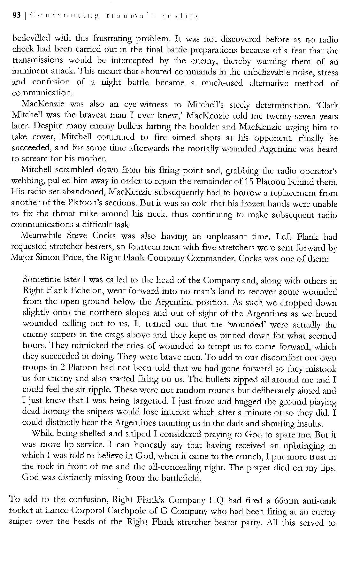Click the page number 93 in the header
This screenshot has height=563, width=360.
pyautogui.click(x=16, y=15)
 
